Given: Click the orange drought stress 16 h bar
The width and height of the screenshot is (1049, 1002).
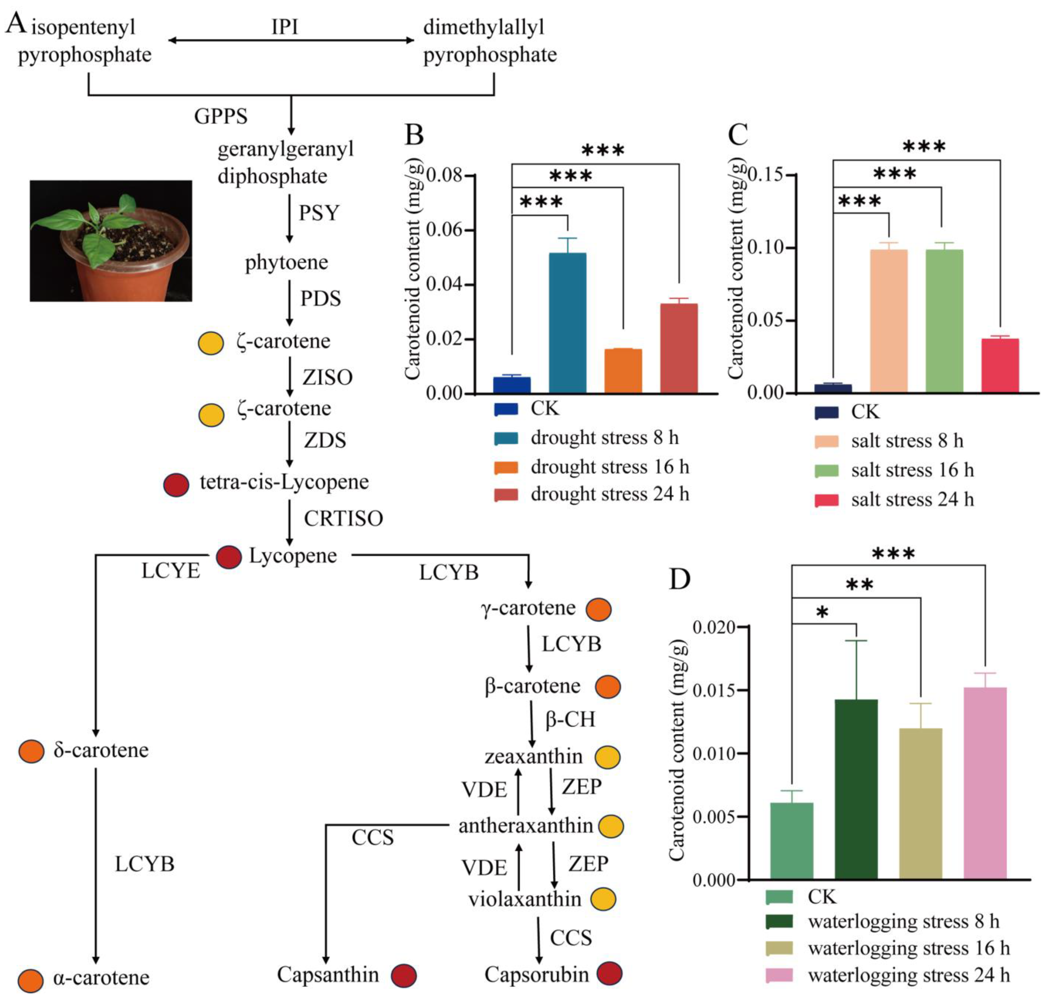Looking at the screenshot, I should [x=623, y=371].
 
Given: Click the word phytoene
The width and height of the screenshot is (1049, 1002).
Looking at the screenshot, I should [x=286, y=262].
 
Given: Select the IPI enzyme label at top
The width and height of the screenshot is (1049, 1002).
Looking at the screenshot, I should [x=285, y=27].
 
